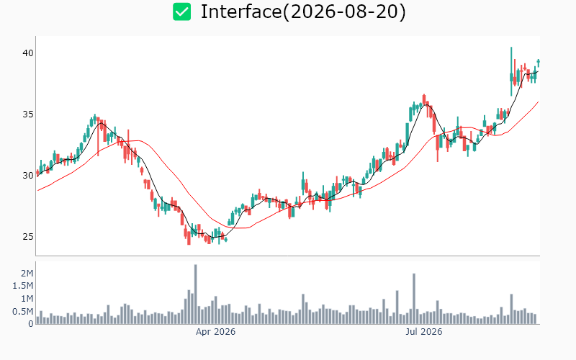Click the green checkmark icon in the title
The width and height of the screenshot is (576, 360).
point(182,12)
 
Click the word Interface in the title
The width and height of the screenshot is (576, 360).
point(241,12)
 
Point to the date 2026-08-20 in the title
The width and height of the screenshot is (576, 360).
point(344,12)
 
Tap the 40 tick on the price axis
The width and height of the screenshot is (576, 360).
point(28,53)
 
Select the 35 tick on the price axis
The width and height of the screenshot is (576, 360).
point(28,114)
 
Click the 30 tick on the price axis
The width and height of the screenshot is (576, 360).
point(28,175)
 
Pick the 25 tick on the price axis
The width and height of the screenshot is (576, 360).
point(28,237)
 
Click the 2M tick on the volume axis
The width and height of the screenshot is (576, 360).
point(27,273)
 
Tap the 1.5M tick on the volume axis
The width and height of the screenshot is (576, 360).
point(23,286)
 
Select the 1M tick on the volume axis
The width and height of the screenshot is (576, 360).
point(27,299)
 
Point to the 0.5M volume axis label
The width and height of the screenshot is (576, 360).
point(23,312)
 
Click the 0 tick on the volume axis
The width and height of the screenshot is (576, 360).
point(31,324)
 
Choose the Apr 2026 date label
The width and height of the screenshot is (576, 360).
point(215,332)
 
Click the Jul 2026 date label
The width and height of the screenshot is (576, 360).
point(424,332)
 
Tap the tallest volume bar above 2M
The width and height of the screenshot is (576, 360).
point(195,294)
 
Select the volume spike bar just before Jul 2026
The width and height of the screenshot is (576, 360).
point(414,299)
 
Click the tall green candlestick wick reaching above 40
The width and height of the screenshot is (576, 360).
point(511,71)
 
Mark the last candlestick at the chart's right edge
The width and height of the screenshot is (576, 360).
point(539,63)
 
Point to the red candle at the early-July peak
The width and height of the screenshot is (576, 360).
point(424,99)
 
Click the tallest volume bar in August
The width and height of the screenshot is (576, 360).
point(511,309)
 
